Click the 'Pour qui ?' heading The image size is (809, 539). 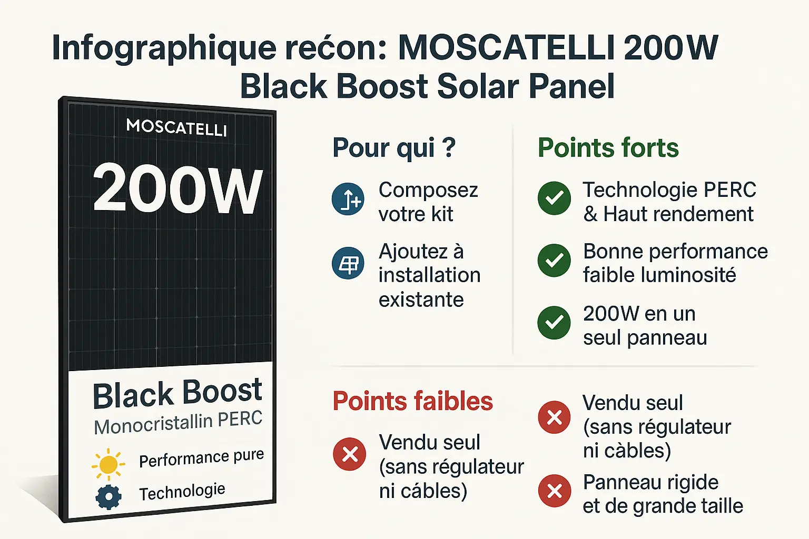coord(393,148)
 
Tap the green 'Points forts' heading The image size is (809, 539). coord(608,148)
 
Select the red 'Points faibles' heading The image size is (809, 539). coord(412,402)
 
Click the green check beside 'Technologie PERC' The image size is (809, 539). coord(554,198)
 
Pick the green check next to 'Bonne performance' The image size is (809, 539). coord(554,261)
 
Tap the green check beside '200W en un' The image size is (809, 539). coord(554,323)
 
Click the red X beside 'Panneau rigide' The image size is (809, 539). coord(554,491)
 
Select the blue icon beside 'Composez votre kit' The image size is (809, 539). coord(348,199)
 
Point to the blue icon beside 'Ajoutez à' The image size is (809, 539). coord(348,263)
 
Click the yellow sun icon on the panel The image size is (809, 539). coord(108,465)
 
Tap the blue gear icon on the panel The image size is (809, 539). coord(108,496)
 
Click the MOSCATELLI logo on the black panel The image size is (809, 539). coord(176,128)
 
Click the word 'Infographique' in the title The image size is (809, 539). coord(164,49)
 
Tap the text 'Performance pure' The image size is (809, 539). coord(201,458)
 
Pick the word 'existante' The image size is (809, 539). coord(421,300)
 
